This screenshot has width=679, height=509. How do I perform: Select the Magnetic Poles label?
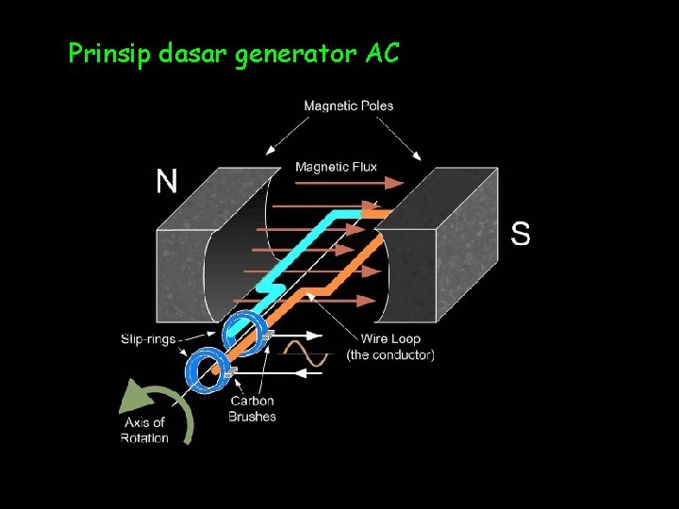[x=348, y=106]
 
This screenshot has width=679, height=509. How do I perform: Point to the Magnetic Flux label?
[x=336, y=167]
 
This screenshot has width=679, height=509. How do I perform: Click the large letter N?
[x=167, y=181]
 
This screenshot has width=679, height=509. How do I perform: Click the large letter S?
[x=521, y=233]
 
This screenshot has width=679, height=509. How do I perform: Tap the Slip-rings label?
[x=148, y=338]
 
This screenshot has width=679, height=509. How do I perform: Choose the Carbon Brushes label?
[x=252, y=408]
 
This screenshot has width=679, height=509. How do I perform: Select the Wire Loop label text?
[x=390, y=338]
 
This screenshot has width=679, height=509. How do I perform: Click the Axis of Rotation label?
[x=144, y=430]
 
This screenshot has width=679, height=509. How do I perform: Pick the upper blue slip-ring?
[x=242, y=331]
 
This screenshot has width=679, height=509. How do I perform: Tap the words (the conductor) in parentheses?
[x=390, y=355]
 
